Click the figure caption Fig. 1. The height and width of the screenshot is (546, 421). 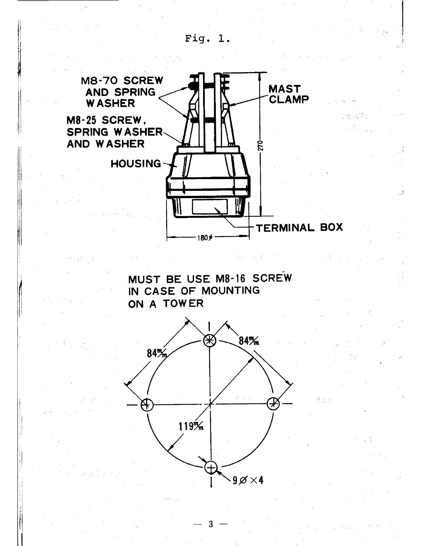click(207, 39)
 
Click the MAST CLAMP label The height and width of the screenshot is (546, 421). click(288, 94)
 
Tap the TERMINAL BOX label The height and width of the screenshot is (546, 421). click(299, 227)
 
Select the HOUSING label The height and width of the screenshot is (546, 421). click(136, 163)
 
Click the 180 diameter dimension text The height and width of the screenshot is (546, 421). click(205, 238)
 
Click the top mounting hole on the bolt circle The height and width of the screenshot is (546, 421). click(209, 341)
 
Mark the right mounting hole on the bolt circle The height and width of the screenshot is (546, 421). click(274, 403)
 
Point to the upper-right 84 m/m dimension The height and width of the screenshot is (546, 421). click(249, 341)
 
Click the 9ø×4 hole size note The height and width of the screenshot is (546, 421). click(248, 480)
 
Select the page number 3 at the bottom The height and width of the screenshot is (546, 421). click(210, 525)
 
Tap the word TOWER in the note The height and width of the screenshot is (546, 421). click(183, 304)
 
